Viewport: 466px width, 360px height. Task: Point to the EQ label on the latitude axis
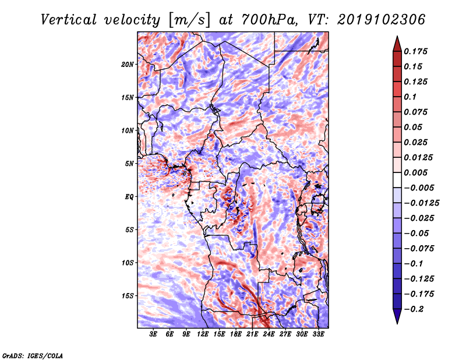129,196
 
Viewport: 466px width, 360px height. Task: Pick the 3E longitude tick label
154,335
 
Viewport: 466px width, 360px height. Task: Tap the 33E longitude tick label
319,335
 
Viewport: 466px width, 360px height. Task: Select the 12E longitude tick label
203,335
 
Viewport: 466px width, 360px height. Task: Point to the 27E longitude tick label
285,335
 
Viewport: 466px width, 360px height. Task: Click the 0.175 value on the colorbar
417,51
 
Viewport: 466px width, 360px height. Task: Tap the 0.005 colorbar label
417,172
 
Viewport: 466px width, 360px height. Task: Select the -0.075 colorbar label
420,248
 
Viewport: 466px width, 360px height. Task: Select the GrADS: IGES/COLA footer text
32,354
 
